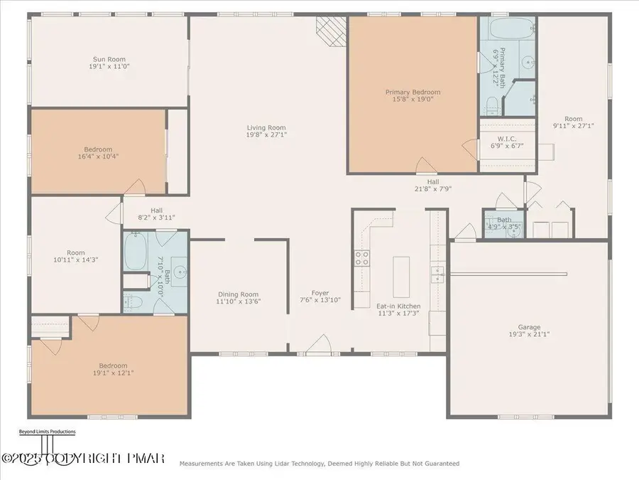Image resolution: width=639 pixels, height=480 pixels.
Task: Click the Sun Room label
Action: pos(110,59)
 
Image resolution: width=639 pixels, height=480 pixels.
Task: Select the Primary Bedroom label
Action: pos(413,92)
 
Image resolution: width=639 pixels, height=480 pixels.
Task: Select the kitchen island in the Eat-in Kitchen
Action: pos(403,277)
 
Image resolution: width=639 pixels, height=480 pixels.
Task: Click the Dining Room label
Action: pos(238,294)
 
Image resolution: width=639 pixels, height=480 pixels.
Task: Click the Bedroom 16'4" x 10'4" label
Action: pos(98,149)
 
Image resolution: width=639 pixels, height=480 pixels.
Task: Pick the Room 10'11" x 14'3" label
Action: pos(76,252)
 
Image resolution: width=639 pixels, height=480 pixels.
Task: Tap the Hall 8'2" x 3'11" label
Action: pos(157,210)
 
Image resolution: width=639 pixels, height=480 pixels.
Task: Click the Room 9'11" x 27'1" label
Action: pos(573,119)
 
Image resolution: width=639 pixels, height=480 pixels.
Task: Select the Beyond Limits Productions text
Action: pos(47,432)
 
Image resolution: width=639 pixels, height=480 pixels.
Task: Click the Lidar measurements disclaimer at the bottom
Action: pos(319,464)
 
